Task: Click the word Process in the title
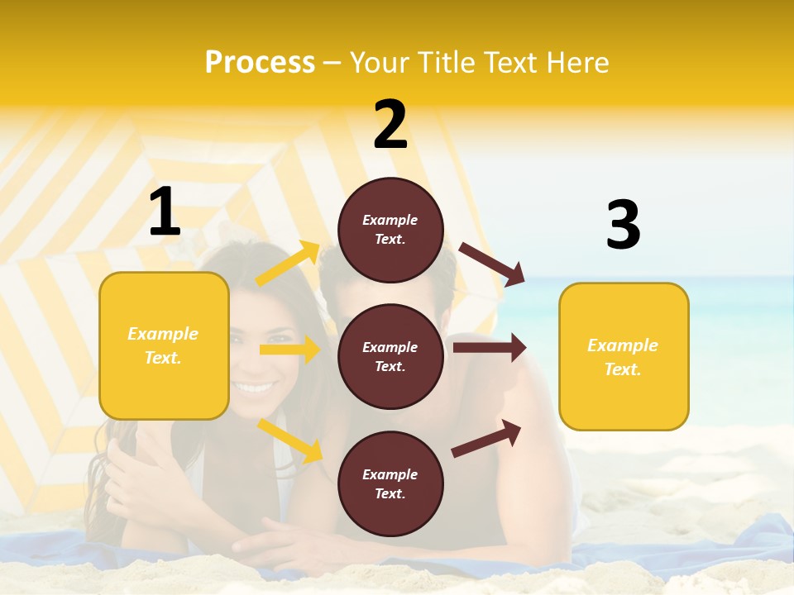[260, 63]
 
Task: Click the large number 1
[165, 212]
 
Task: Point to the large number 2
[390, 125]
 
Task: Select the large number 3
[623, 225]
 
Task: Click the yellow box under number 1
[164, 345]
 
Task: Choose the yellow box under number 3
[624, 356]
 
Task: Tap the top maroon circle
[390, 230]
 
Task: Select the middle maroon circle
[390, 356]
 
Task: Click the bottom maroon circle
[390, 483]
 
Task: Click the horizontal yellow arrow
[290, 350]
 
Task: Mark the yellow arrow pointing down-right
[290, 440]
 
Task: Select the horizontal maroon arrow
[489, 348]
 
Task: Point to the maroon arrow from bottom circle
[486, 438]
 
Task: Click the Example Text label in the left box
[163, 345]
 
